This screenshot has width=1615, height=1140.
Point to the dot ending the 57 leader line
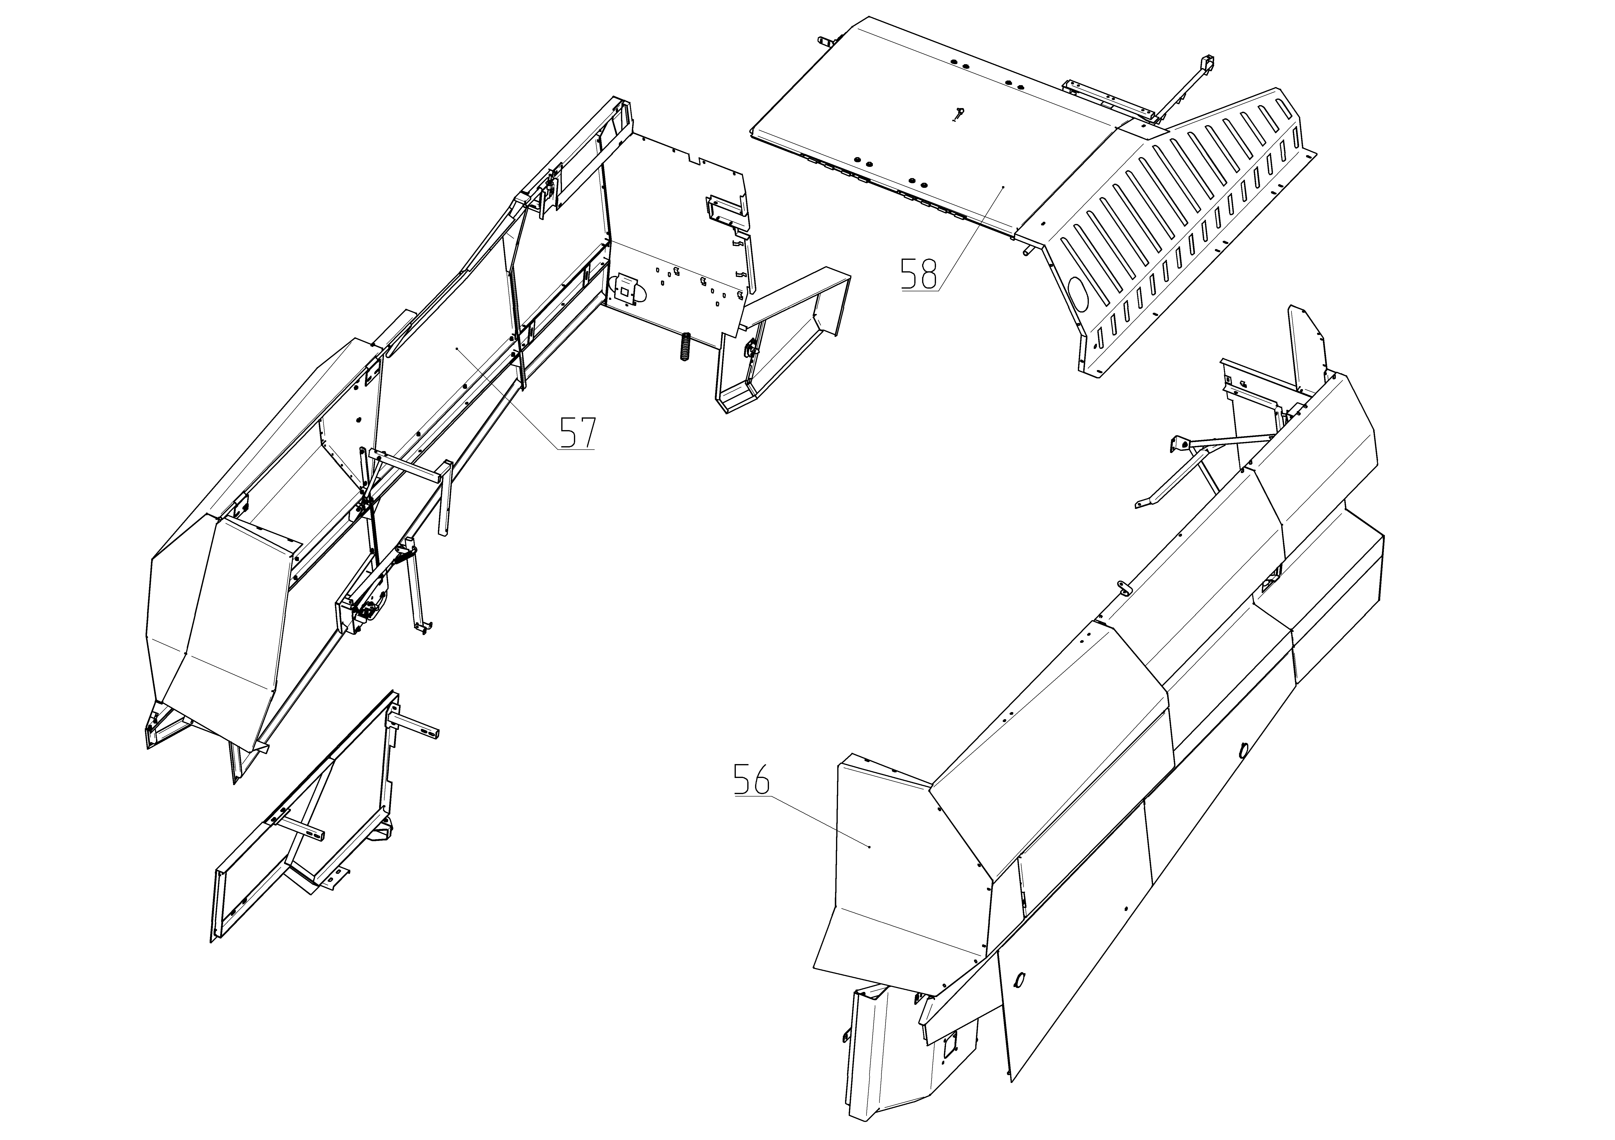[x=457, y=348]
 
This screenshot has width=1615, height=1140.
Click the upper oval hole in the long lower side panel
[x=1242, y=750]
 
